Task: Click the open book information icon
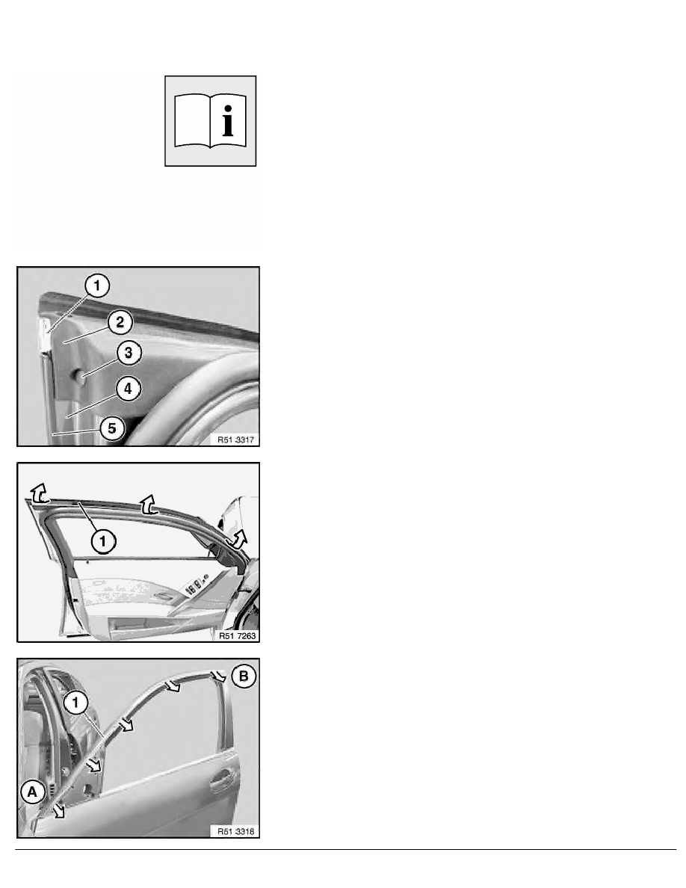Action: pos(210,120)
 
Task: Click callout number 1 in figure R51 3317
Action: pos(97,286)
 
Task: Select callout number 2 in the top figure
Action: pos(120,322)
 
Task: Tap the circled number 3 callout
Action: pos(129,353)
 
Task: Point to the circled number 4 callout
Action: pos(128,389)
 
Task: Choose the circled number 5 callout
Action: pos(112,428)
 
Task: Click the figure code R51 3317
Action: pos(235,440)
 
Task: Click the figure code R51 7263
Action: pos(237,635)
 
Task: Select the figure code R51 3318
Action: pos(235,831)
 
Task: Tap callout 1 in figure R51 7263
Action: pos(102,541)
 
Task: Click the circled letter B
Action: pos(244,676)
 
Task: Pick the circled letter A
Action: pos(32,792)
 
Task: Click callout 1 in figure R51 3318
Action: pos(75,703)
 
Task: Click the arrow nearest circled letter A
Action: pos(58,813)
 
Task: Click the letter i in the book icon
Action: pos(227,120)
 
